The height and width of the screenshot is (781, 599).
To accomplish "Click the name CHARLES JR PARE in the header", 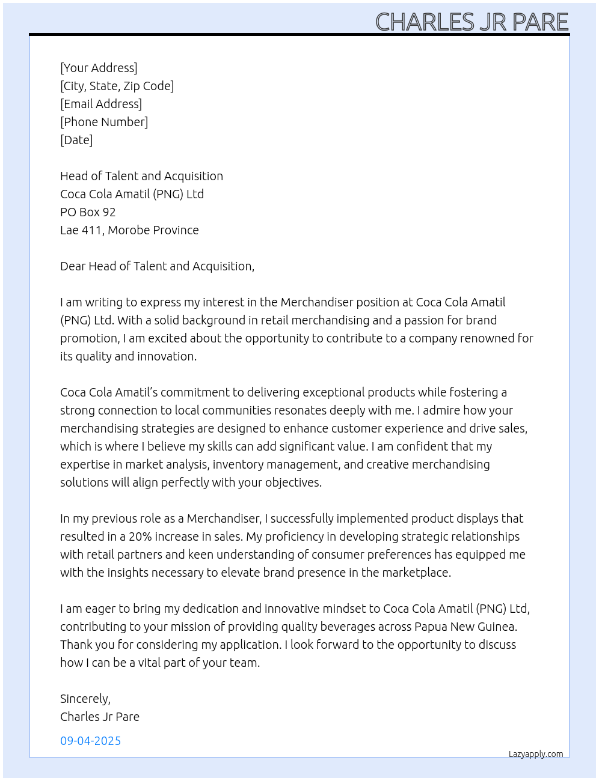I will click(x=472, y=22).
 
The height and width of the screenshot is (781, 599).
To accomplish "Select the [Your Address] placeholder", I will click(x=99, y=68).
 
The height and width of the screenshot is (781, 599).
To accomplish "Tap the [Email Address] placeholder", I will click(x=101, y=104).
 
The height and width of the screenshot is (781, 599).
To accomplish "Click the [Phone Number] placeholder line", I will click(x=104, y=122).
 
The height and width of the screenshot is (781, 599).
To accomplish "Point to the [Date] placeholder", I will click(x=76, y=140).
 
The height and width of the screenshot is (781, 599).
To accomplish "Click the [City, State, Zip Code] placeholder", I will click(x=117, y=86).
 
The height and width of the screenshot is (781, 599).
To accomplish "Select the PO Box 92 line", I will click(x=88, y=212).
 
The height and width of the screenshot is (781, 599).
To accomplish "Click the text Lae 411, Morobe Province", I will click(x=129, y=230).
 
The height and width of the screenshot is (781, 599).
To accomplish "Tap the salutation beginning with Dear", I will click(x=157, y=266).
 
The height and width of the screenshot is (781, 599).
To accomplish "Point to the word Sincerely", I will click(x=85, y=699).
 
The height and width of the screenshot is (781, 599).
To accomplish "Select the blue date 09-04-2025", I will click(x=90, y=741).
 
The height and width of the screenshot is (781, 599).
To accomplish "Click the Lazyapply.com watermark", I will click(x=536, y=754).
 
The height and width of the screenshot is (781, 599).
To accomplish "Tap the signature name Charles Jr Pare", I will click(x=100, y=717).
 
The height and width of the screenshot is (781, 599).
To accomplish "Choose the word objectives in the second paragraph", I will click(x=292, y=482).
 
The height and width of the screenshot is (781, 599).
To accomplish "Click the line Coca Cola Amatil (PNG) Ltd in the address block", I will click(x=132, y=194).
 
